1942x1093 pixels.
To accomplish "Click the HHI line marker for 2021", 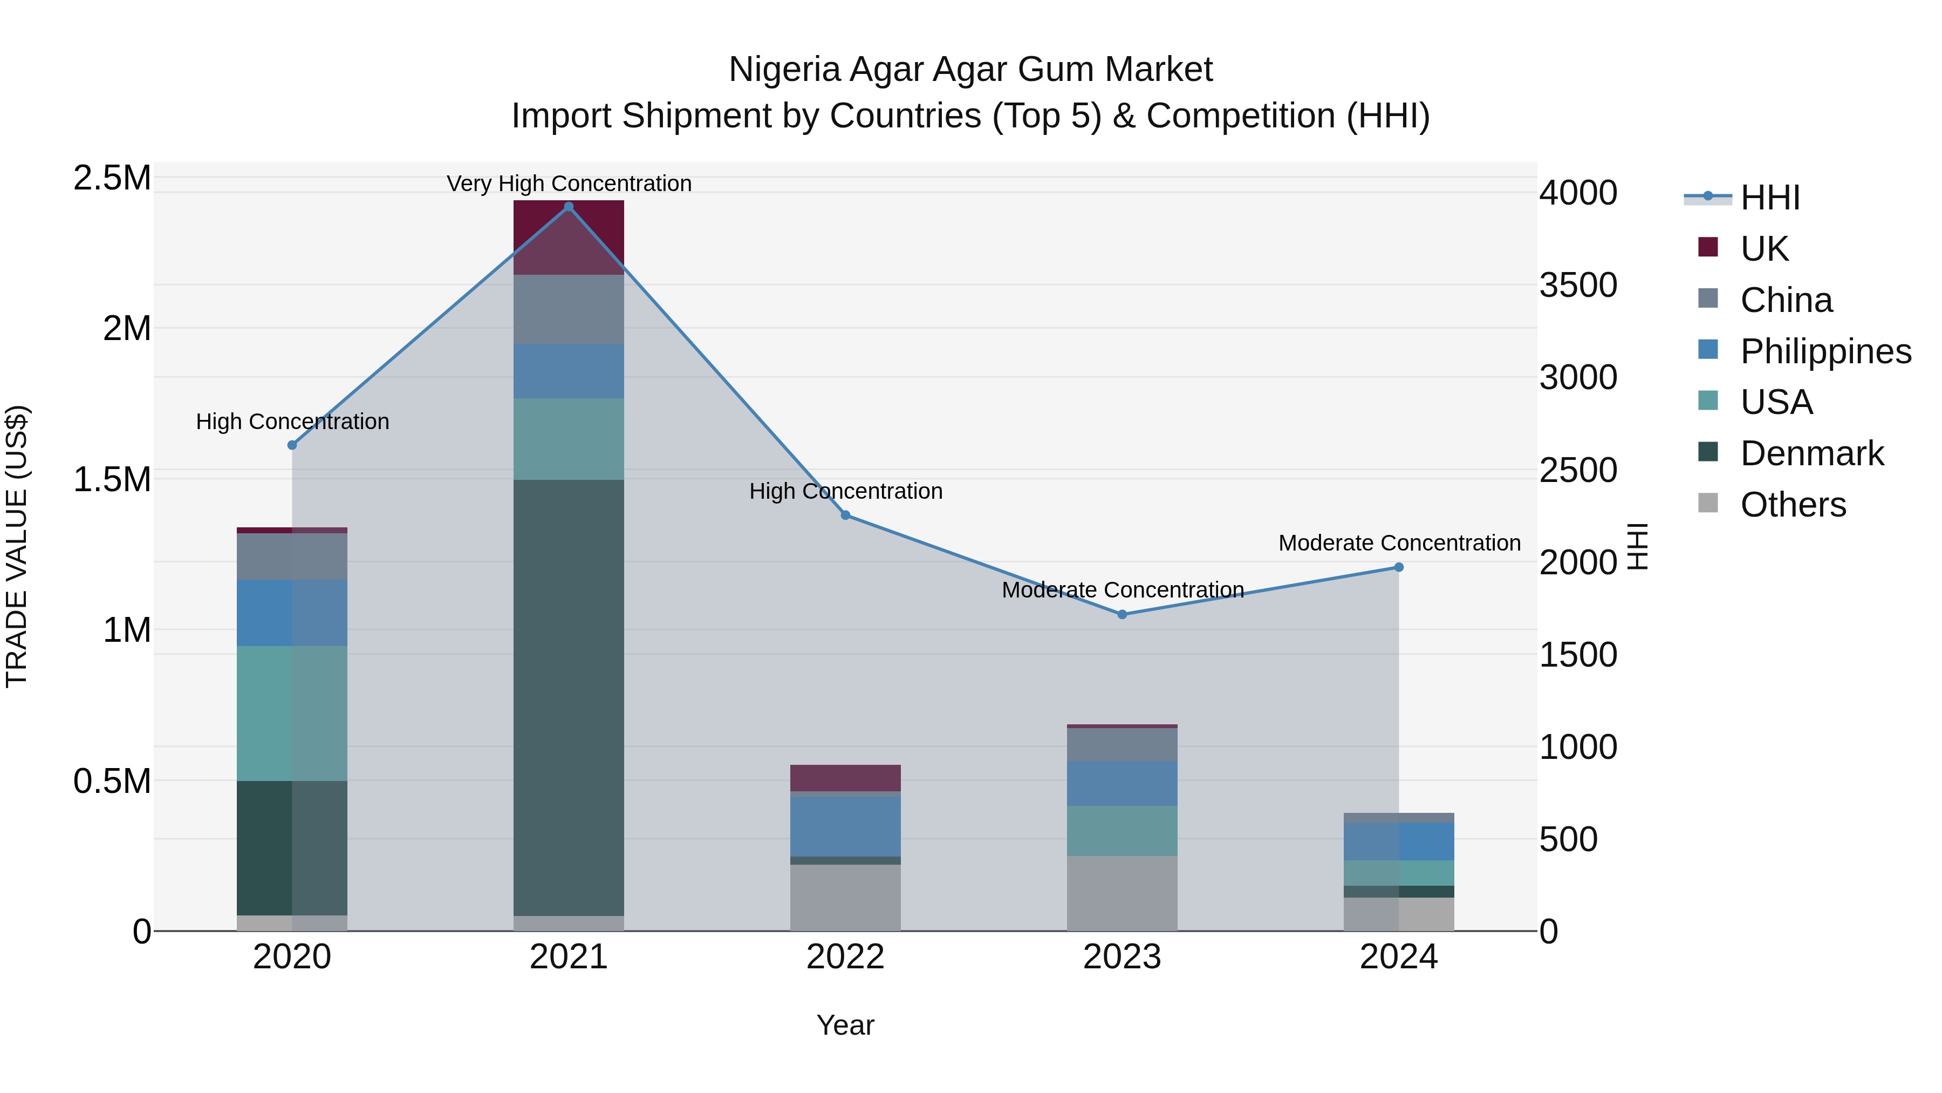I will [x=569, y=207].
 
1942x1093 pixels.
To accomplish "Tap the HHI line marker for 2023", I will [x=1122, y=615].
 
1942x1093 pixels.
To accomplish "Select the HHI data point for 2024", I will [x=1398, y=567].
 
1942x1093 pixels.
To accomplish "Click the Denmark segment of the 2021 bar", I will [x=569, y=698].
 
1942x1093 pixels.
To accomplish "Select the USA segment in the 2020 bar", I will [x=292, y=713].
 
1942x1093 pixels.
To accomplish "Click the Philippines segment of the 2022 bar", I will [x=845, y=826].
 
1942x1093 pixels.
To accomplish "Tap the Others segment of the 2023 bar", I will [x=1122, y=893].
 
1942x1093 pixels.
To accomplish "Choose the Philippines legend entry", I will [x=1825, y=351].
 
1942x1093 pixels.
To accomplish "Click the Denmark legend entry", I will [x=1811, y=453].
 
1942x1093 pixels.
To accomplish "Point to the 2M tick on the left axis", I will [x=127, y=329].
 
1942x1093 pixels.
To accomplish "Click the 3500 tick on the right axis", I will [x=1578, y=285].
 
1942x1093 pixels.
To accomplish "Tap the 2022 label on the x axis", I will [x=845, y=957].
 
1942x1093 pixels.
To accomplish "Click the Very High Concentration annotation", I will [x=569, y=184].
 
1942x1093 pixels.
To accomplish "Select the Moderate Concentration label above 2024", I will [x=1399, y=543].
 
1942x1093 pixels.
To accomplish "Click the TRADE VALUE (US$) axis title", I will [x=17, y=546].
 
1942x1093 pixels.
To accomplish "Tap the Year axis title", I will [x=845, y=1025].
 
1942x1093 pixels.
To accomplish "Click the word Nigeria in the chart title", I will [x=784, y=70].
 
